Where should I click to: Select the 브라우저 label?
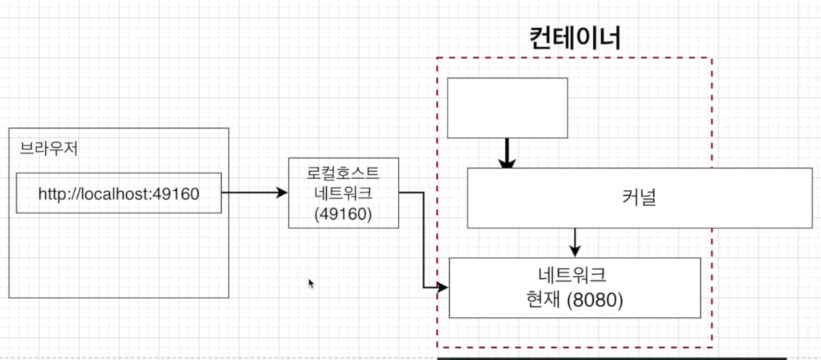pyautogui.click(x=49, y=149)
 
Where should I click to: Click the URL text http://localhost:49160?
pyautogui.click(x=118, y=194)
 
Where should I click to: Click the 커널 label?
pyautogui.click(x=639, y=198)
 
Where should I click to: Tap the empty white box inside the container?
pyautogui.click(x=507, y=108)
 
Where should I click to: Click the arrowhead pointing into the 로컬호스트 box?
pyautogui.click(x=282, y=193)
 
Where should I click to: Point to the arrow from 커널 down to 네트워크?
pyautogui.click(x=574, y=243)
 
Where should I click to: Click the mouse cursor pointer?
pyautogui.click(x=311, y=284)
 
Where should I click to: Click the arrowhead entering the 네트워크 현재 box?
pyautogui.click(x=442, y=288)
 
